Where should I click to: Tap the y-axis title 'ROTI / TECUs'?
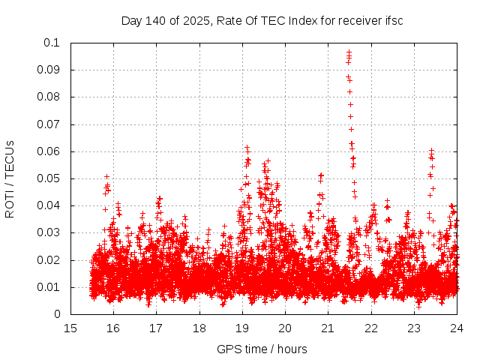click(x=10, y=178)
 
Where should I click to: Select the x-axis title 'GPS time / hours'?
click(x=262, y=349)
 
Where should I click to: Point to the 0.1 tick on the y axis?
click(x=52, y=43)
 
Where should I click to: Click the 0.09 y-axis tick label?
click(x=49, y=70)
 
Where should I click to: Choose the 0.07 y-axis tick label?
click(x=49, y=124)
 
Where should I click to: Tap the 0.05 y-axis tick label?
click(x=49, y=178)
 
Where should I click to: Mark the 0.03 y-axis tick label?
click(x=49, y=233)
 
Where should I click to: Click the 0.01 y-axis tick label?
click(x=49, y=287)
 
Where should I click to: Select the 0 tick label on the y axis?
click(x=57, y=315)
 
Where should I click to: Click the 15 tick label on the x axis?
click(x=70, y=328)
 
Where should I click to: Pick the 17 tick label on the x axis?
click(x=156, y=328)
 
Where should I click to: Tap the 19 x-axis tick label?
click(x=242, y=328)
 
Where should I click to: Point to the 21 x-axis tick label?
click(x=328, y=328)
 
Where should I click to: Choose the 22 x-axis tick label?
click(x=370, y=328)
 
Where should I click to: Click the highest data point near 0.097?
click(x=349, y=52)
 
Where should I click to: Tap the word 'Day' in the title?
click(x=130, y=20)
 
